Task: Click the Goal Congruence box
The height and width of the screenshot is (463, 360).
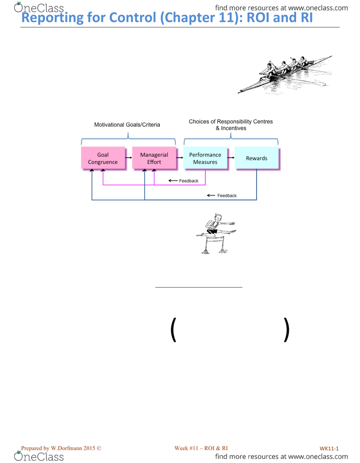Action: point(103,158)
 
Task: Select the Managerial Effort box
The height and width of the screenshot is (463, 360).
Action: point(154,158)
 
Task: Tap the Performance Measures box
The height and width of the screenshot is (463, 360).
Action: point(205,158)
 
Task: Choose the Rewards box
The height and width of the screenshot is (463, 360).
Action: point(257,158)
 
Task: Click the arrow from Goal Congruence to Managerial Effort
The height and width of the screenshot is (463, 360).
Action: point(129,158)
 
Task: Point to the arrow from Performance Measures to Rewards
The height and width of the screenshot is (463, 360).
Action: point(231,158)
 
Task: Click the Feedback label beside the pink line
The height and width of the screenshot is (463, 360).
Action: point(189,181)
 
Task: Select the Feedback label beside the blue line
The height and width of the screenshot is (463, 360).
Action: point(227,196)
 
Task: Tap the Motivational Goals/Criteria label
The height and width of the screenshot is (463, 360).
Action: point(127,124)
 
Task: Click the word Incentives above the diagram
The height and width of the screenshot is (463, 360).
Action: point(234,128)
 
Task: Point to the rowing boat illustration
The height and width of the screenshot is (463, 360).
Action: point(285,75)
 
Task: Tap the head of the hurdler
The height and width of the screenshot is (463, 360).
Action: point(218,218)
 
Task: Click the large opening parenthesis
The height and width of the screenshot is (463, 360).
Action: point(173,329)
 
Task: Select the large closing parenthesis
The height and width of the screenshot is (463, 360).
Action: point(286,329)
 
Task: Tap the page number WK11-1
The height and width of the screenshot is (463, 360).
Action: point(329,448)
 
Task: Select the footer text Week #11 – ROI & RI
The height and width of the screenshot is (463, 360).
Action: point(201,448)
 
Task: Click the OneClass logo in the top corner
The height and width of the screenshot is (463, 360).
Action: point(39,7)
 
